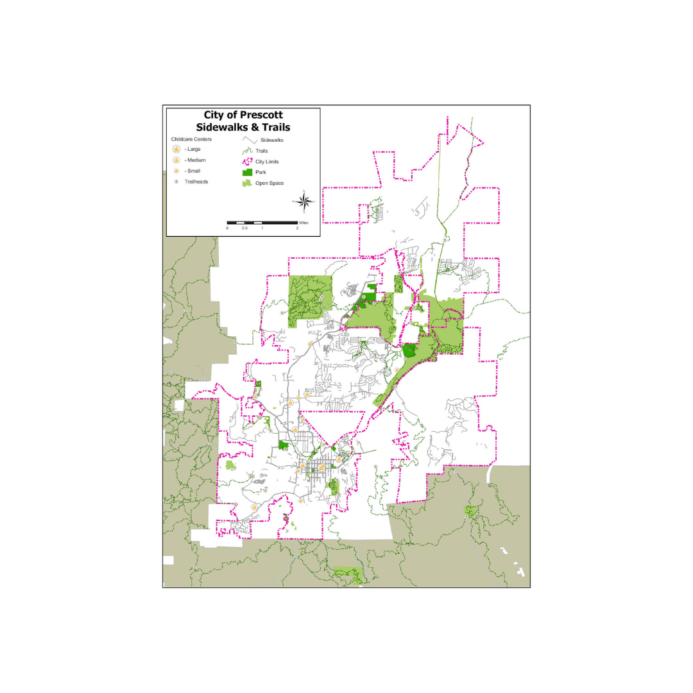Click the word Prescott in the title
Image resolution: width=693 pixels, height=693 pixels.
click(261, 116)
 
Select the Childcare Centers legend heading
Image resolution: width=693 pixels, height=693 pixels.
click(191, 139)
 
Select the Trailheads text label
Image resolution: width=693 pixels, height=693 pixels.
click(196, 182)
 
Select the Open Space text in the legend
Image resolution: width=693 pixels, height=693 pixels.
click(269, 184)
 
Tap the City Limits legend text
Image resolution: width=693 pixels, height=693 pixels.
click(267, 162)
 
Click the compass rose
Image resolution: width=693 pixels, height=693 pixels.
click(306, 201)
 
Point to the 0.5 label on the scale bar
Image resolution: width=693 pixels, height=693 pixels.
click(244, 228)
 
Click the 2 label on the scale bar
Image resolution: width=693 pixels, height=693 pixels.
click(297, 228)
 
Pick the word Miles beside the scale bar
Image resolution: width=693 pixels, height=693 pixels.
click(304, 221)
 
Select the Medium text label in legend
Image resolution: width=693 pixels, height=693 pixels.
click(196, 160)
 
